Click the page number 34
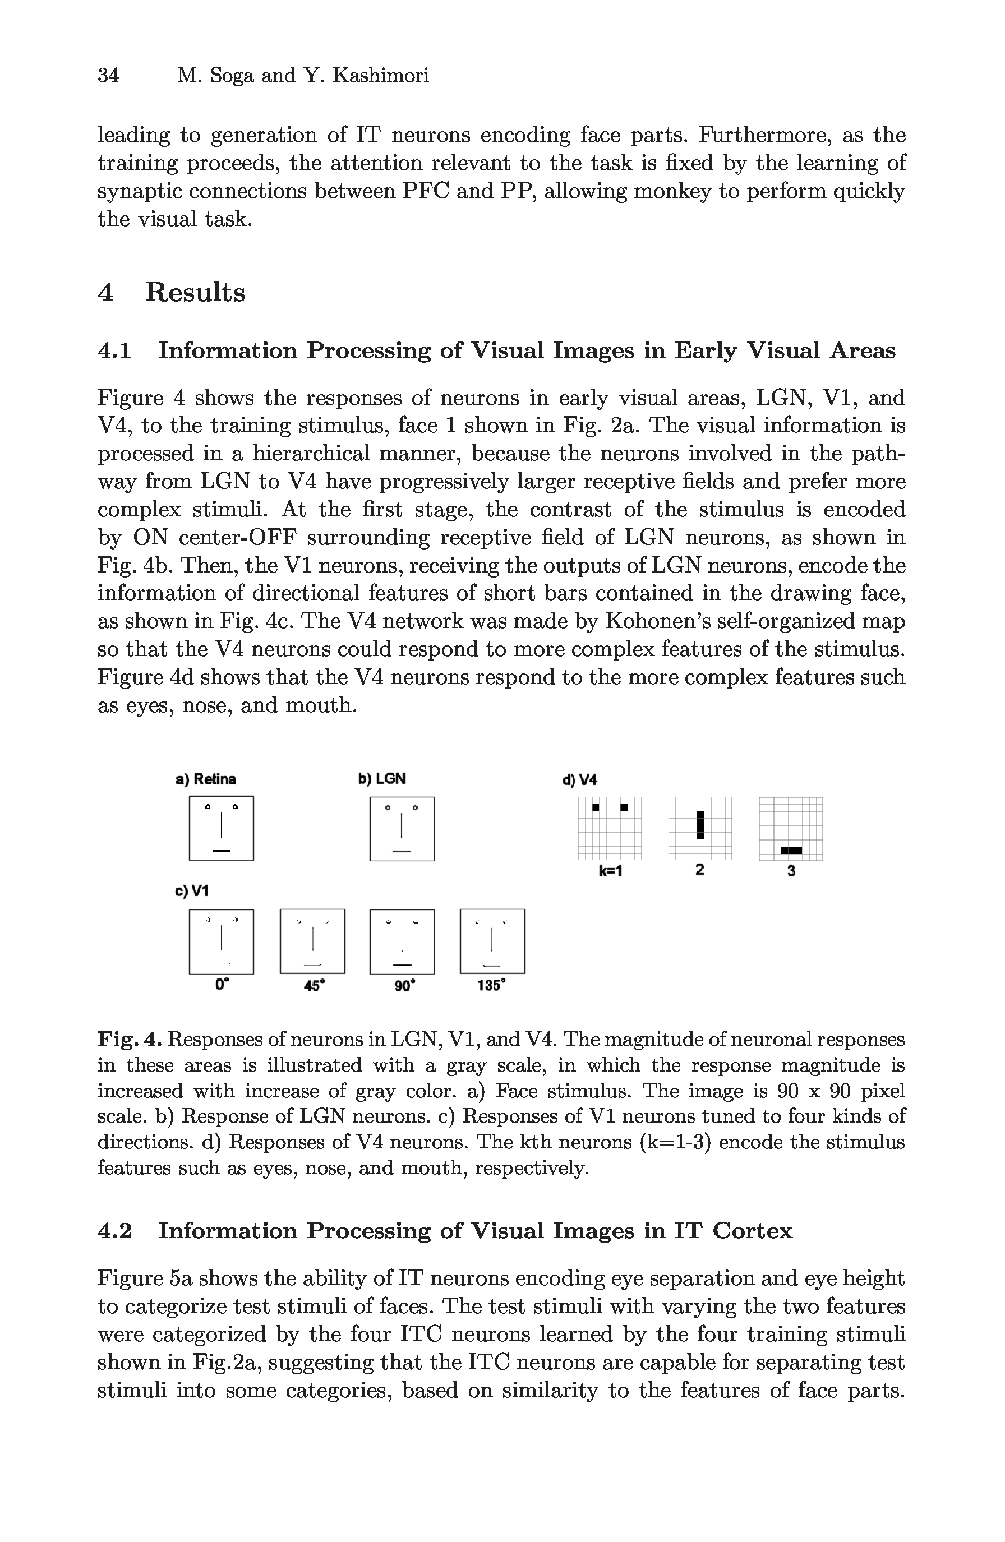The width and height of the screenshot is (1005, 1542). [x=108, y=76]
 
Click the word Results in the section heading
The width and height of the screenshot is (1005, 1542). [x=195, y=292]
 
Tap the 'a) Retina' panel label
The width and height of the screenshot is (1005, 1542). [x=205, y=779]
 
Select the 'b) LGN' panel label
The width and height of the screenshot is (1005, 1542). [x=382, y=779]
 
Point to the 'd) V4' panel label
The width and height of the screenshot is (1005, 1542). [x=579, y=780]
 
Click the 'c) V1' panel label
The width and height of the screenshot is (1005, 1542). [x=192, y=891]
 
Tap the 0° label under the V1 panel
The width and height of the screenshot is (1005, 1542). [x=222, y=985]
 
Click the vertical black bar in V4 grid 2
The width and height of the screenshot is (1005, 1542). [x=700, y=824]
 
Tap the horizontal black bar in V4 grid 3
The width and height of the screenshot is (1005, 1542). [x=791, y=850]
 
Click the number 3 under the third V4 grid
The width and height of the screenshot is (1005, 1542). [x=791, y=871]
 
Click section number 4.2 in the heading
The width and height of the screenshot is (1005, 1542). [x=115, y=1230]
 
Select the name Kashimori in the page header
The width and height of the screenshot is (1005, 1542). [x=380, y=76]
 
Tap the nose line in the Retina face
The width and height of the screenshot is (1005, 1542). [x=222, y=825]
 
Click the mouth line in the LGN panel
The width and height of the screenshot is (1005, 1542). [x=402, y=851]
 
